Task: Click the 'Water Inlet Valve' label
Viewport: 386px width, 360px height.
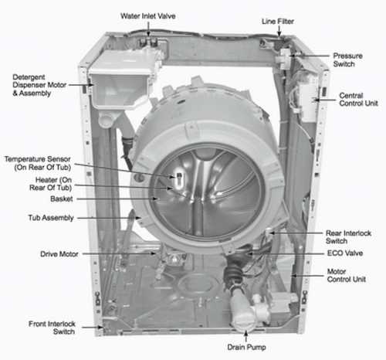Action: click(x=151, y=15)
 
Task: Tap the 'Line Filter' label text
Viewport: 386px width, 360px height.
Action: click(x=279, y=22)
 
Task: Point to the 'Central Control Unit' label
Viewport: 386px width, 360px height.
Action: click(x=357, y=100)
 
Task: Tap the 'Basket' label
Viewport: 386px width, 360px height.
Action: click(x=62, y=199)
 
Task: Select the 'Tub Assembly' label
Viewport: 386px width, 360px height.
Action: click(x=51, y=219)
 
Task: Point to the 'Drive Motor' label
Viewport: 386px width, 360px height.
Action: click(x=58, y=253)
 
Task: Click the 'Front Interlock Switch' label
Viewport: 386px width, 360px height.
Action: click(x=35, y=325)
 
